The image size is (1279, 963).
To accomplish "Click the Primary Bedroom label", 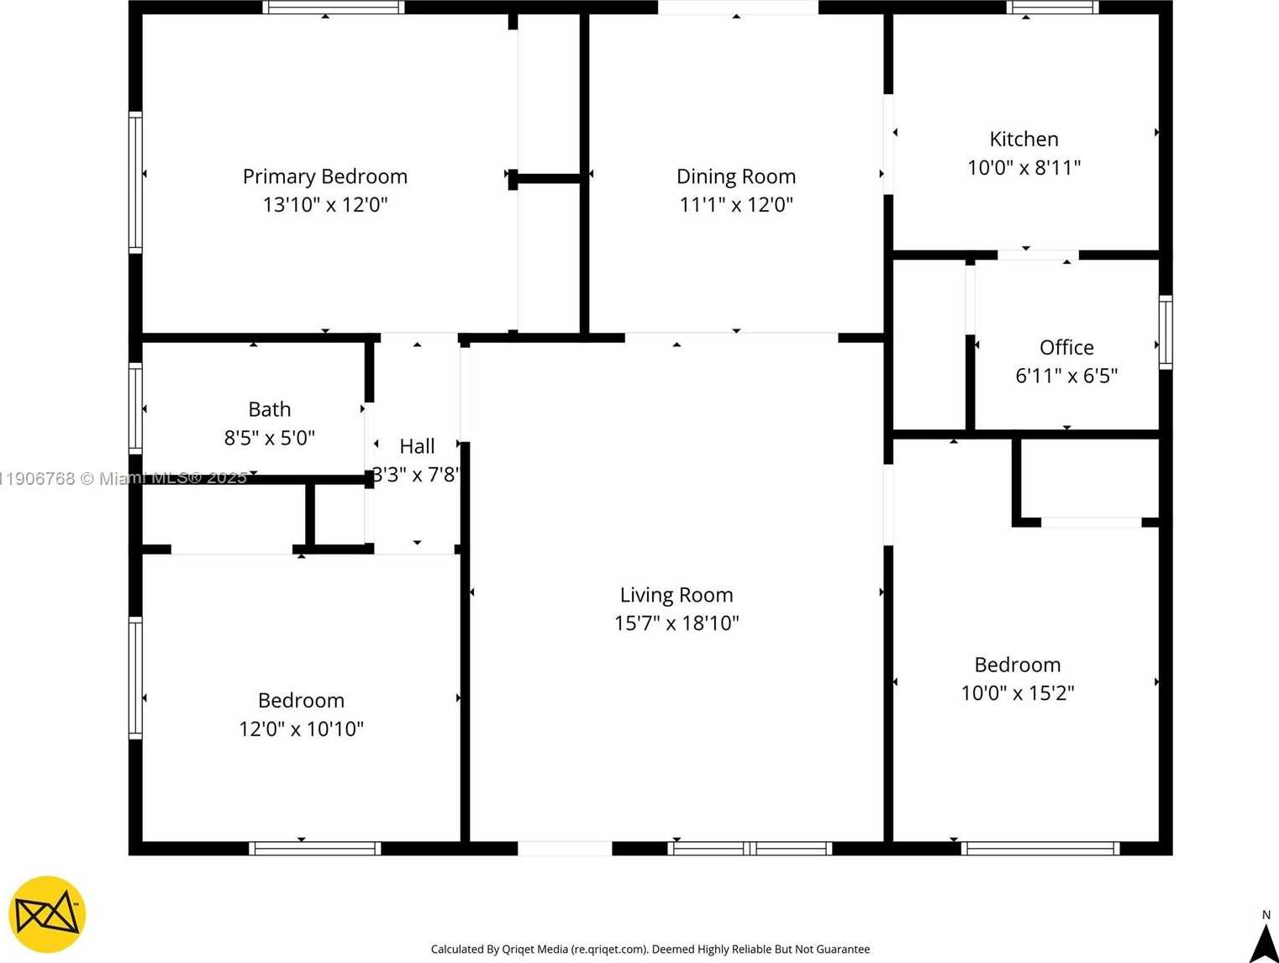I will [324, 176].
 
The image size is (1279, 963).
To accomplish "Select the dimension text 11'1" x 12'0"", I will [736, 204].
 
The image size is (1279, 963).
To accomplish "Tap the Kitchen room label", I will [1024, 139].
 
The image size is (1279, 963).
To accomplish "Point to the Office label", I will [1066, 347].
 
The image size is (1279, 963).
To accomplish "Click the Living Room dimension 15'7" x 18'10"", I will [676, 623].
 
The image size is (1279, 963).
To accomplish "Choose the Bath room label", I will [270, 409].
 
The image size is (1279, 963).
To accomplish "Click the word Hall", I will [417, 446].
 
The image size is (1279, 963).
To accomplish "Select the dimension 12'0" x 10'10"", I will [301, 729].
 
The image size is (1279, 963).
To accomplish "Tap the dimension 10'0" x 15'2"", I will [1018, 692].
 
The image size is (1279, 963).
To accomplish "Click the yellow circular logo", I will [47, 914].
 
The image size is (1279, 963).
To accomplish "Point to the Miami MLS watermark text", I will [124, 478].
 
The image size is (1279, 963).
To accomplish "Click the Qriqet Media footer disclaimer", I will [650, 949].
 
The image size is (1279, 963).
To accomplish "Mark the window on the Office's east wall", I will [1166, 332].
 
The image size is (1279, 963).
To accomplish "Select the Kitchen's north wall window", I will [1052, 8].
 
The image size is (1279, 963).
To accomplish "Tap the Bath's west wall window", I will [135, 408].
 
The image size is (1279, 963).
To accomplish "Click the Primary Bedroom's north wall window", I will [334, 8].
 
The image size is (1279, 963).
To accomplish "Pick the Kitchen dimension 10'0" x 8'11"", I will [1024, 167].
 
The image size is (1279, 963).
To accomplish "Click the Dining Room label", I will [736, 176].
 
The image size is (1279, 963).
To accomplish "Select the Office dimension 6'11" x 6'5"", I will [1066, 376].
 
